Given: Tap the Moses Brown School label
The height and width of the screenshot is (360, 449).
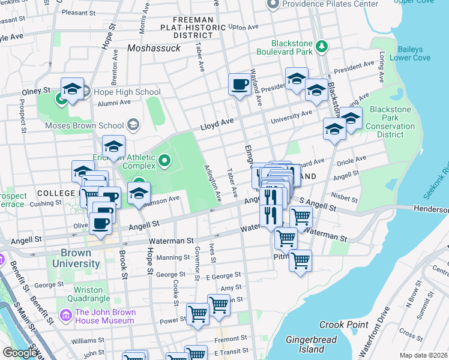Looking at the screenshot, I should tap(85, 126).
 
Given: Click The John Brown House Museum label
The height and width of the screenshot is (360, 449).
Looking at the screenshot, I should tap(105, 316).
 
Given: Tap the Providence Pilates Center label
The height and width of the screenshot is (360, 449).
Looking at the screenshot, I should tap(331, 4).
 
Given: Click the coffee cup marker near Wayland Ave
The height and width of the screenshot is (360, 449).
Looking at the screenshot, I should tap(240, 84).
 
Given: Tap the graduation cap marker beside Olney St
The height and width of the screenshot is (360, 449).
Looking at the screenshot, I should tap(72, 90).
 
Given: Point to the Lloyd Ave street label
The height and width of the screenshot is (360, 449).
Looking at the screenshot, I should tap(217, 124).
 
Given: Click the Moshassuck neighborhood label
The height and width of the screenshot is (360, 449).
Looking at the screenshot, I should tap(154, 47).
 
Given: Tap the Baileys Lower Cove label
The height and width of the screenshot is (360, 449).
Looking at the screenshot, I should tap(406, 53).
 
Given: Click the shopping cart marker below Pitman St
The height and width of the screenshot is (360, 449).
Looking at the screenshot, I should tap(300, 261).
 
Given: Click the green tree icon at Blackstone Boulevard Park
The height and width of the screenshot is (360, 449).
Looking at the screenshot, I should tap(322, 46).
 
